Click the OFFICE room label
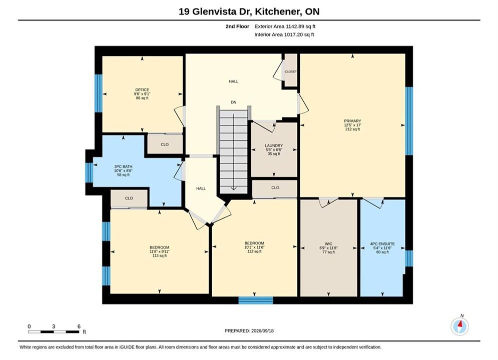(142, 90)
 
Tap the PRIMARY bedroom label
(352, 121)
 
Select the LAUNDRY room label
(274, 145)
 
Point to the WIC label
(328, 244)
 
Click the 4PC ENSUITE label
(382, 244)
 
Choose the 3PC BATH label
(123, 166)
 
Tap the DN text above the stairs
(233, 102)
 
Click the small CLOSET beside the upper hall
(291, 71)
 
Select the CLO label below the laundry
(275, 187)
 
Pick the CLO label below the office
(165, 144)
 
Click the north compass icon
(459, 326)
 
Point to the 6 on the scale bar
(79, 326)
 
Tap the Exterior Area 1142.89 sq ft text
(285, 26)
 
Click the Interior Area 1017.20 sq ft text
(284, 34)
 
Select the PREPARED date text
(249, 331)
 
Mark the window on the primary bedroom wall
(409, 121)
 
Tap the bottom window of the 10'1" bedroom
(256, 300)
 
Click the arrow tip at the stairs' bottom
(233, 189)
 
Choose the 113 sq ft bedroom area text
(160, 255)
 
